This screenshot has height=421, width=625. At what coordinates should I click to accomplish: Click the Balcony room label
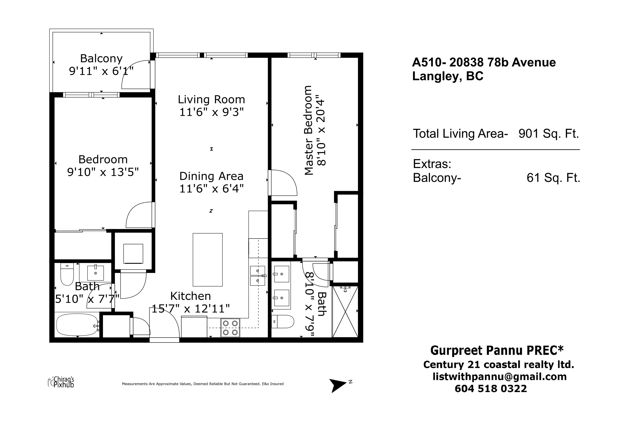[101, 59]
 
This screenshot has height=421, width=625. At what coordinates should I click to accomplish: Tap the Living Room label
[211, 100]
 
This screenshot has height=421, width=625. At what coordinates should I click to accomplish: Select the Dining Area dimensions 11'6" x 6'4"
[211, 189]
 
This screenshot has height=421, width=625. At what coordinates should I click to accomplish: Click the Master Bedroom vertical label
[308, 130]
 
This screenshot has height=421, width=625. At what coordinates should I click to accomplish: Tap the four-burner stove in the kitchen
[230, 327]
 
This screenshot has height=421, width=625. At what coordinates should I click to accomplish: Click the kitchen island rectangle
[208, 260]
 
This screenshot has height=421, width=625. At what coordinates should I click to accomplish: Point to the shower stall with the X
[345, 312]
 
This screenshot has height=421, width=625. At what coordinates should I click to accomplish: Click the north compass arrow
[338, 386]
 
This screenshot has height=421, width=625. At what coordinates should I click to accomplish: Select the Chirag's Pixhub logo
[61, 382]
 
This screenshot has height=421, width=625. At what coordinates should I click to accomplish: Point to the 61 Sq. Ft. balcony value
[553, 178]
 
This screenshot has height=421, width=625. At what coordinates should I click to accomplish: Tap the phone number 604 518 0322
[491, 388]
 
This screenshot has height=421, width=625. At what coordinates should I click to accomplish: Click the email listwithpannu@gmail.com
[499, 377]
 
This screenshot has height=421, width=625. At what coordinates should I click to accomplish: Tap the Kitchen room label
[190, 296]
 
